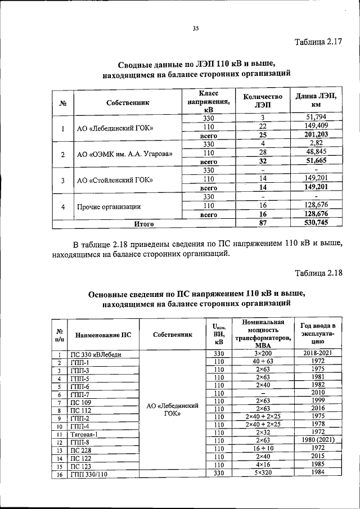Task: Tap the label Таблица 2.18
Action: [318, 273]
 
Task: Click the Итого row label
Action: [144, 224]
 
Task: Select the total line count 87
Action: [262, 224]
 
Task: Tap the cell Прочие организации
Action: [109, 206]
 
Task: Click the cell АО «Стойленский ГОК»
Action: [116, 180]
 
